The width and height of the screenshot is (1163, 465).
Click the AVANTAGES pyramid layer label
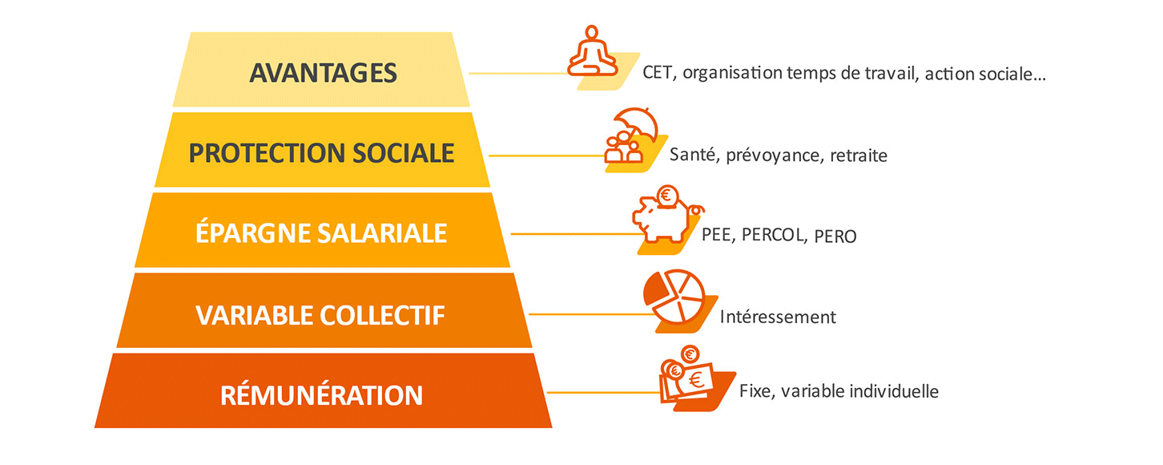click(x=323, y=73)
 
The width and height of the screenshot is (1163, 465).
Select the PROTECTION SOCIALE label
click(x=321, y=153)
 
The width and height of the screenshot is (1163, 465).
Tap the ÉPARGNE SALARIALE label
click(x=321, y=232)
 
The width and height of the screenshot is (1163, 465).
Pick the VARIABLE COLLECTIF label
click(x=320, y=315)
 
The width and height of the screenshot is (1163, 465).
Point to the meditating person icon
click(x=593, y=51)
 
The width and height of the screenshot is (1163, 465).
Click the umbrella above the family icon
click(x=635, y=123)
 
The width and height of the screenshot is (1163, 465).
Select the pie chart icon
click(x=674, y=297)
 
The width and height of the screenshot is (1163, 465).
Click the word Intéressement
click(x=778, y=317)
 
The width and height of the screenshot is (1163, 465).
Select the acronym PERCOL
click(x=774, y=236)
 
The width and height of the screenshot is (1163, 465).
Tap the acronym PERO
click(x=835, y=237)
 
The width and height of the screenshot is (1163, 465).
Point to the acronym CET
click(x=658, y=73)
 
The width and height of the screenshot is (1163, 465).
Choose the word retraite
click(x=859, y=156)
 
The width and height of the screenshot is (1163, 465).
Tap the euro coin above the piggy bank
click(x=667, y=196)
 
